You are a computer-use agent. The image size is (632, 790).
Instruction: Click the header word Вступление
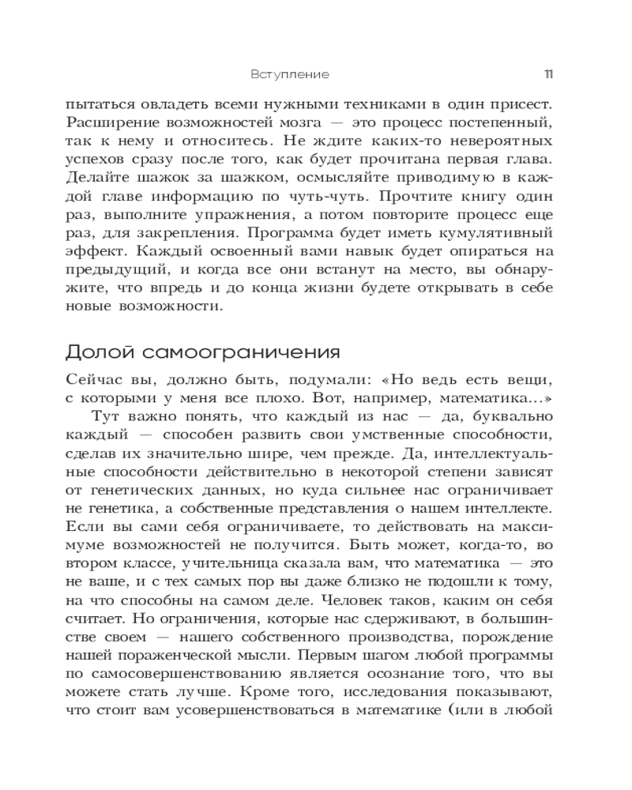tap(289, 74)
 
